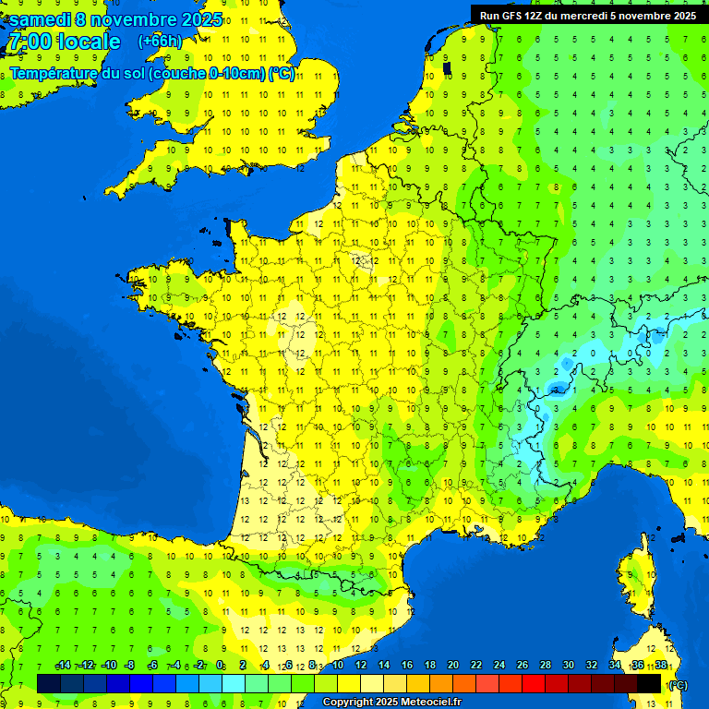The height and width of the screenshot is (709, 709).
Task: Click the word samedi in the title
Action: coord(44,19)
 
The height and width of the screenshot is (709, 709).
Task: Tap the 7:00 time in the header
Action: coord(29,42)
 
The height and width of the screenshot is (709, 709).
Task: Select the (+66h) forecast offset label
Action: coord(160,41)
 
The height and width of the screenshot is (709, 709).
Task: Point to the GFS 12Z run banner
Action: coord(587,15)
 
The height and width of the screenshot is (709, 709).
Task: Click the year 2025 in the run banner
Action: coord(681,15)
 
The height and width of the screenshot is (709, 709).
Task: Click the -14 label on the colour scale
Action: coord(63,666)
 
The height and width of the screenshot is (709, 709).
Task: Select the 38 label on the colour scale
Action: coord(660,666)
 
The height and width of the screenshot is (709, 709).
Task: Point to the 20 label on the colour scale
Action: coord(453,666)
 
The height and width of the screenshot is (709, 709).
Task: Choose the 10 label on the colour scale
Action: coord(338,666)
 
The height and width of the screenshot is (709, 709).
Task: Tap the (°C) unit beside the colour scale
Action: coord(678,685)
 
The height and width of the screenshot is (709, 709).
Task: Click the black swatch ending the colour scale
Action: coord(649,683)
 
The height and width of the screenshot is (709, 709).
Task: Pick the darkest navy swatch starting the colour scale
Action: coord(49,683)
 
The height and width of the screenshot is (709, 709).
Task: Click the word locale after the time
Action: coord(89,42)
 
